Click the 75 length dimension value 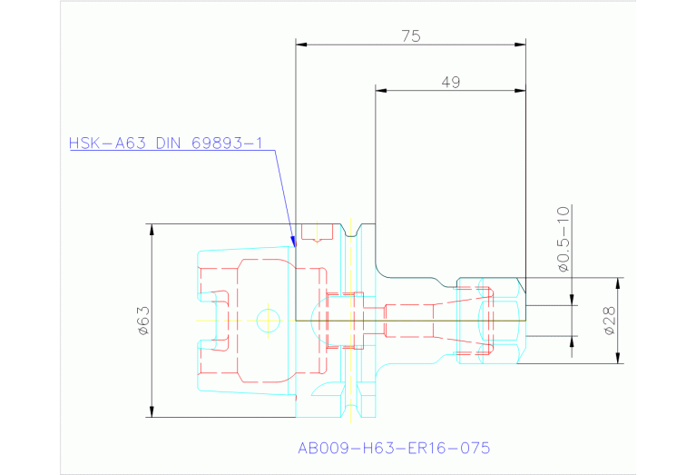click(410, 35)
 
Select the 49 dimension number click(449, 82)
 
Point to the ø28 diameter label click(609, 321)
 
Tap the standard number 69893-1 click(227, 143)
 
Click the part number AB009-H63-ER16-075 click(394, 448)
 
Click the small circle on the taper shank click(268, 320)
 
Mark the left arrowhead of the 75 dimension click(299, 44)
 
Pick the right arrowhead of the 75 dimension click(524, 44)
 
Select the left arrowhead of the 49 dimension click(379, 90)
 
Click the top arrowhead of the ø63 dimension click(152, 226)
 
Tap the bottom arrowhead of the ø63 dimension click(152, 415)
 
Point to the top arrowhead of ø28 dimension click(621, 281)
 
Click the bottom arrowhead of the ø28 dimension click(621, 361)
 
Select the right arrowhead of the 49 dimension click(524, 90)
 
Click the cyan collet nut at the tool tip click(489, 320)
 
